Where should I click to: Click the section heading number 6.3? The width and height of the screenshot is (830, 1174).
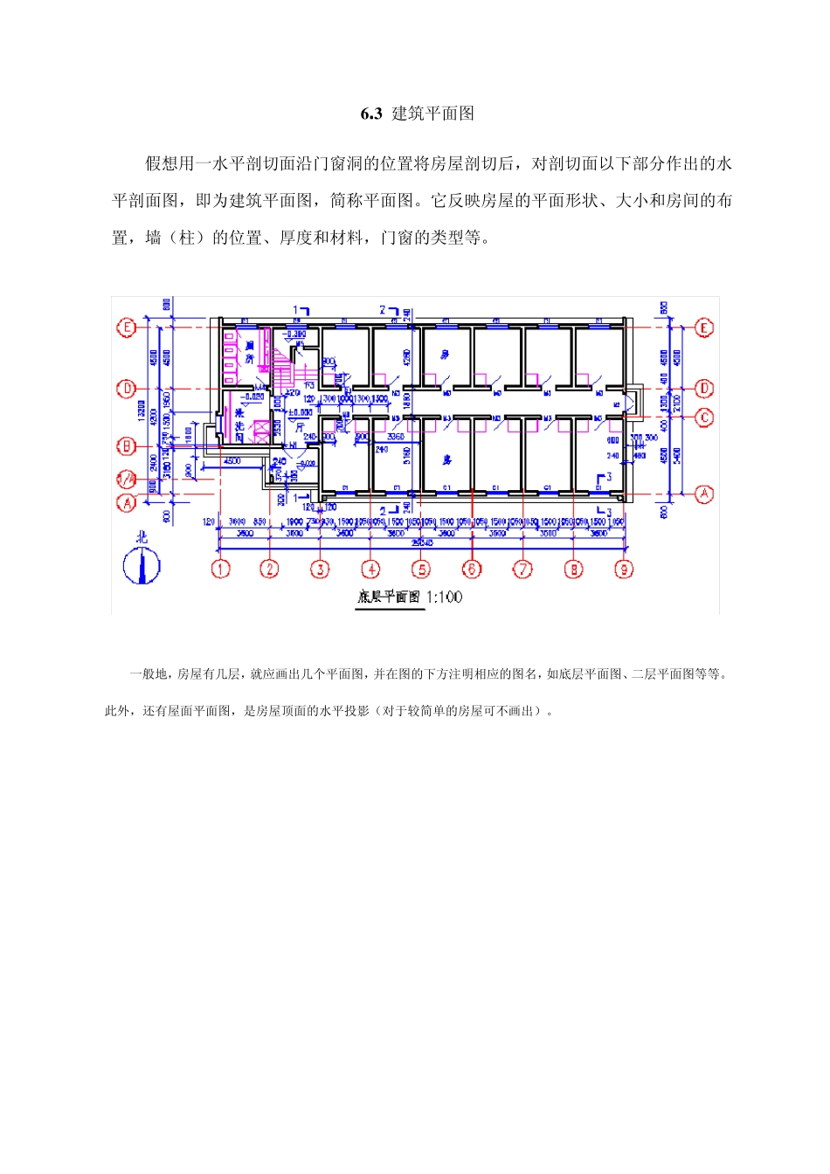[371, 114]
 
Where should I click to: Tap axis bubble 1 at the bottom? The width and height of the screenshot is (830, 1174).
[220, 570]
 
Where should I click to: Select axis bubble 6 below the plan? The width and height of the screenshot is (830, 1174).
[472, 570]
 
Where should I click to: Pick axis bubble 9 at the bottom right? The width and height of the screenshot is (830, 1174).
[624, 570]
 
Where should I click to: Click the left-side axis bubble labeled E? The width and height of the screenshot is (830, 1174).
[127, 328]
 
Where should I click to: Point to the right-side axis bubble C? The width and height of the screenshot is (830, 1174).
[704, 418]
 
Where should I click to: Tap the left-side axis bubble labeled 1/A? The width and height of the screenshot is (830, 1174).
[127, 479]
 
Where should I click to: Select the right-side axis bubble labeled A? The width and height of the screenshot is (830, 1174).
[704, 494]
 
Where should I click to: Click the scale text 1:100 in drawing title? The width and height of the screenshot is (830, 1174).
[445, 597]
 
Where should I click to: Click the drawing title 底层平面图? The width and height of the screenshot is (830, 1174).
[389, 597]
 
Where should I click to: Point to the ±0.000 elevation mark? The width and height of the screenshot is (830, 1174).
[301, 412]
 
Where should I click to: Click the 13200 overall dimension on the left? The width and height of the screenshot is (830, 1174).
[142, 411]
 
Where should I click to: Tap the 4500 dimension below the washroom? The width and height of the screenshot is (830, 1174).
[232, 460]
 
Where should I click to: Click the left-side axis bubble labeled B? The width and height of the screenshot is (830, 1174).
[127, 446]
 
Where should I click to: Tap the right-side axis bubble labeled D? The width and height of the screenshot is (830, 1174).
[704, 388]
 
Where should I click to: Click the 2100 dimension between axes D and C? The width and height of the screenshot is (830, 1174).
[678, 404]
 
